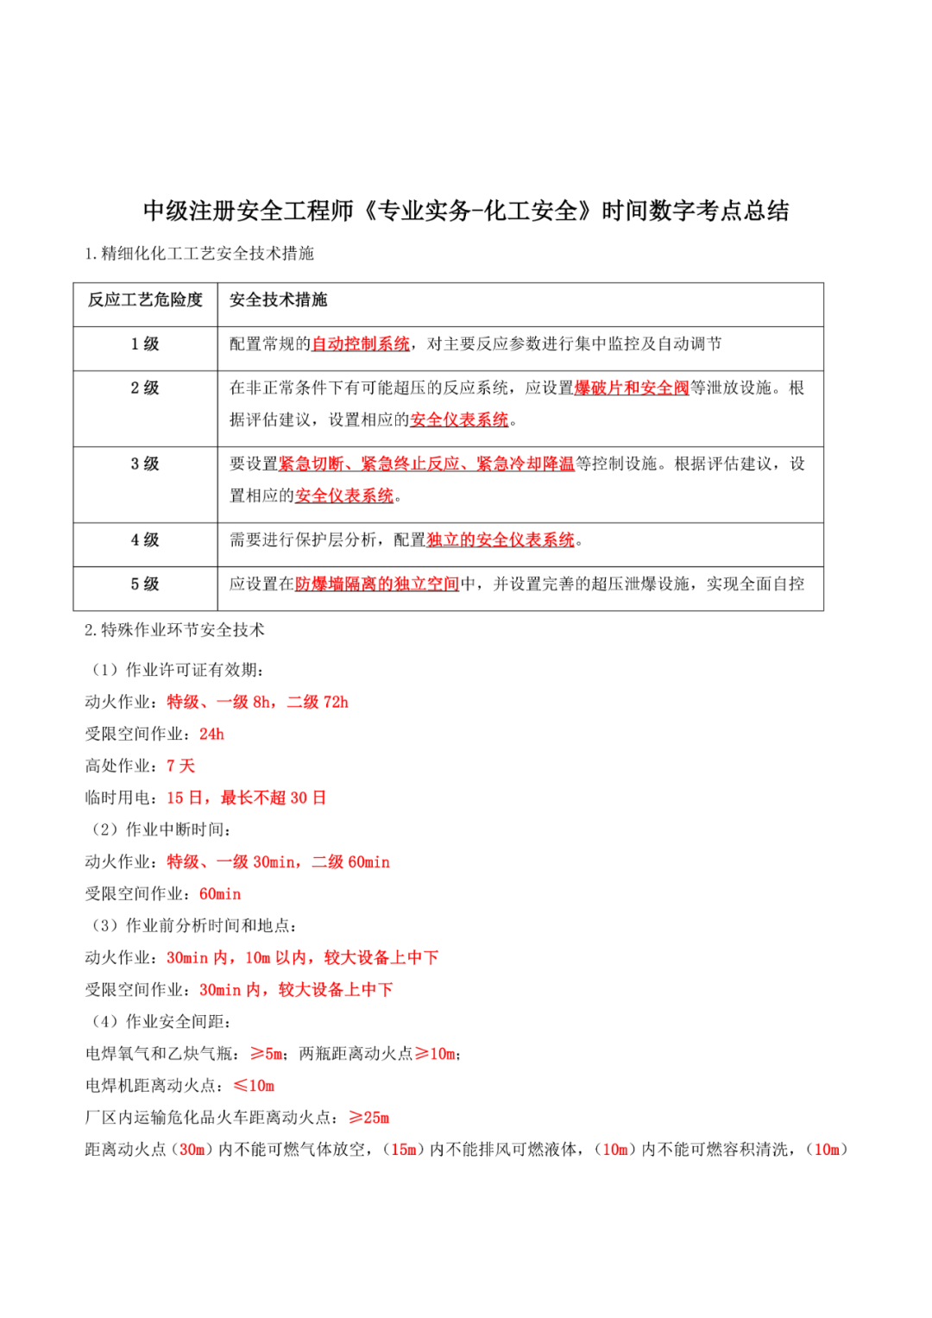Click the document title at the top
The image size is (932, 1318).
(x=466, y=211)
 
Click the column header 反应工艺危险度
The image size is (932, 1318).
(x=145, y=300)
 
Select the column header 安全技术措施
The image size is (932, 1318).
(x=278, y=300)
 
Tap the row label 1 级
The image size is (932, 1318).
(x=145, y=344)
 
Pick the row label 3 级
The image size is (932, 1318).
(x=145, y=464)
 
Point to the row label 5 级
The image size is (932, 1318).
(x=145, y=584)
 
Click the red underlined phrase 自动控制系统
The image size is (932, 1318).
(x=361, y=344)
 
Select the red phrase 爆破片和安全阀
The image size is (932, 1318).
(x=632, y=388)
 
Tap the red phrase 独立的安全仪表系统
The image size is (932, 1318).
(x=501, y=540)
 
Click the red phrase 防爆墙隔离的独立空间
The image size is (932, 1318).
(x=377, y=584)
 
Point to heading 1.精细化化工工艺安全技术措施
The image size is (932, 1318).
(x=199, y=254)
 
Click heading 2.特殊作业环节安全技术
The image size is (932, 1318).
(x=174, y=630)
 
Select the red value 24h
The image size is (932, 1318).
(x=211, y=735)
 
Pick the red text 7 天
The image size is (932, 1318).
(x=180, y=766)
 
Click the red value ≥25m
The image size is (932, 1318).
(x=369, y=1118)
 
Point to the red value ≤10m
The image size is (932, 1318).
(x=254, y=1086)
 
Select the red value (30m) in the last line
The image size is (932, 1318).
(x=192, y=1150)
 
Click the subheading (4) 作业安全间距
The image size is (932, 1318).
(x=161, y=1022)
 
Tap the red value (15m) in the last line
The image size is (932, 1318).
(x=403, y=1150)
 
